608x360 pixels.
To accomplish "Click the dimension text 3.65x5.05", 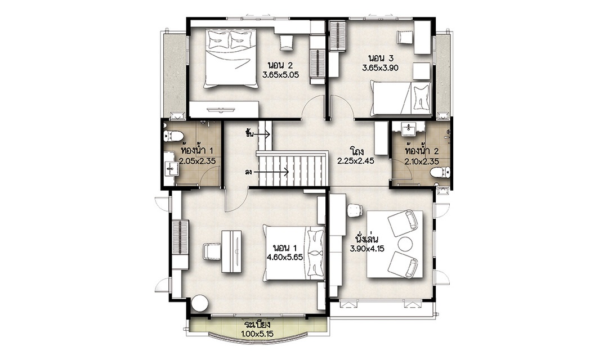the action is (x=280, y=75).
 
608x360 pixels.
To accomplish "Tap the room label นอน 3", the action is (x=381, y=58).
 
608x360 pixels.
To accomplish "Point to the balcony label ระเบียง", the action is (x=257, y=325).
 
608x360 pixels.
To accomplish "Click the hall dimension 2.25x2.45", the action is (x=356, y=161).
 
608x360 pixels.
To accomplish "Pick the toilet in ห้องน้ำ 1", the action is (x=173, y=136).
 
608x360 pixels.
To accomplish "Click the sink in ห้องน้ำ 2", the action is (x=408, y=129).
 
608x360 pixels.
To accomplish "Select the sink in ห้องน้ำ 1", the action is (x=171, y=168).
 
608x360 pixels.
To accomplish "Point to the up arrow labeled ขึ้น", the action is (x=262, y=134).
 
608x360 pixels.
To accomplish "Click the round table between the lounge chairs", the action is (x=405, y=244).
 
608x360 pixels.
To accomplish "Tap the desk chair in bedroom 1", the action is (x=212, y=251).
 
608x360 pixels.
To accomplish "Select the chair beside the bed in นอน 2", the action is (x=287, y=42).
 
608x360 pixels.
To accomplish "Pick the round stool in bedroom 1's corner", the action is (x=200, y=303).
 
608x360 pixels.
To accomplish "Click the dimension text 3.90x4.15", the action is (x=367, y=249).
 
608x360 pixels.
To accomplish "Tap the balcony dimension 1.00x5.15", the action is (x=257, y=333).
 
